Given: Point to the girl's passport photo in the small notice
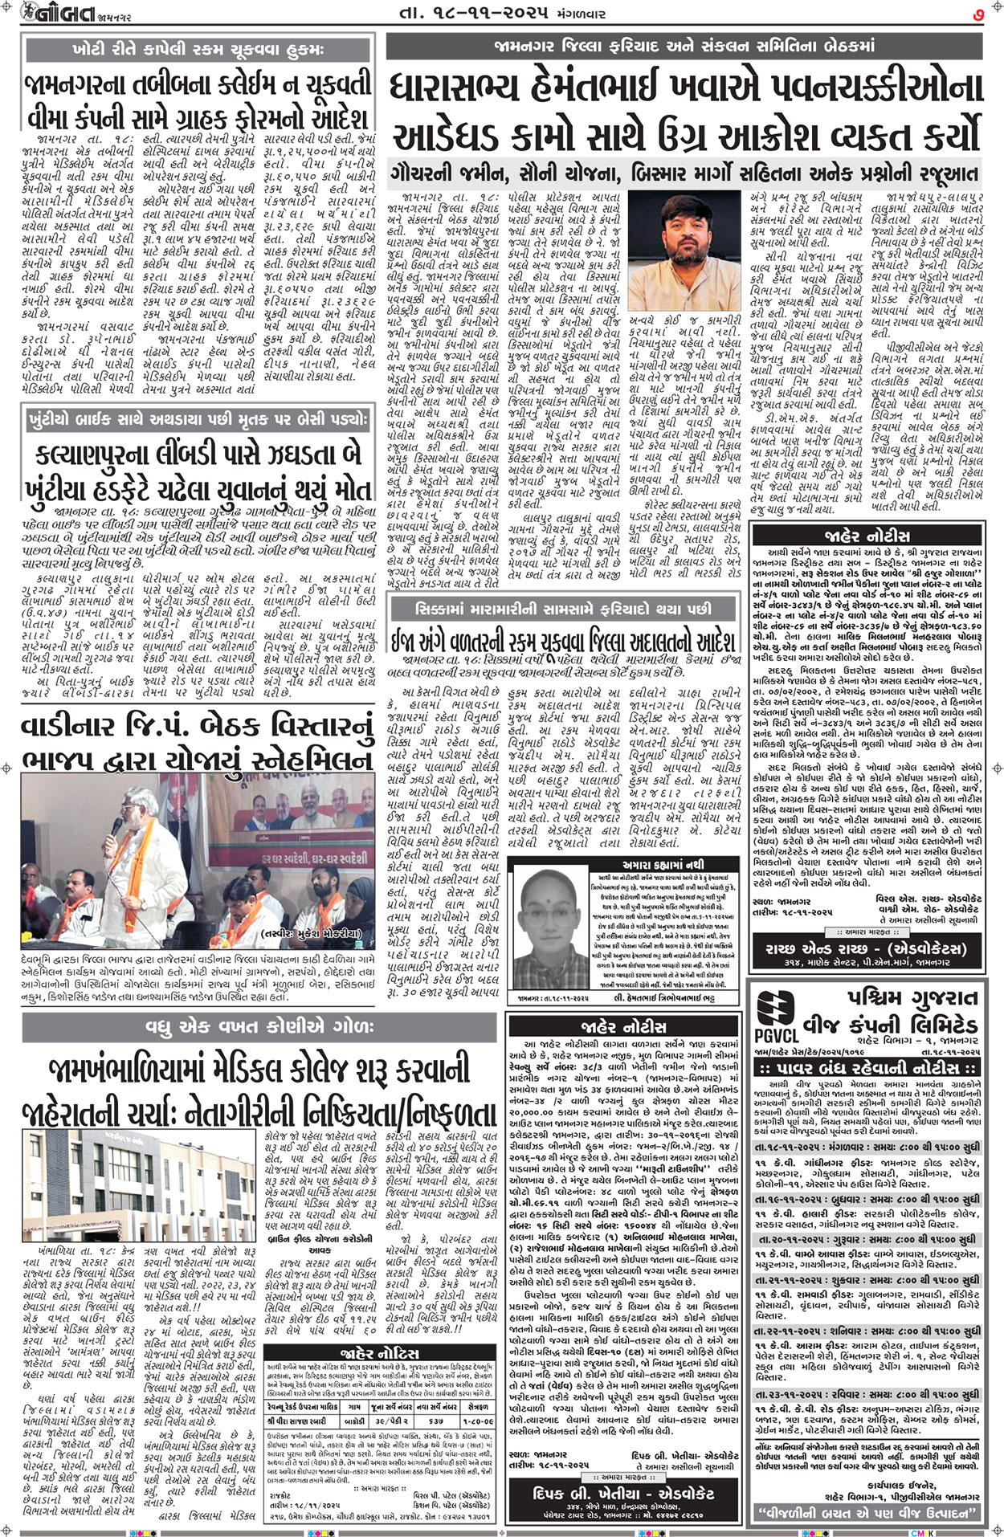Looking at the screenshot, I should tap(548, 936).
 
